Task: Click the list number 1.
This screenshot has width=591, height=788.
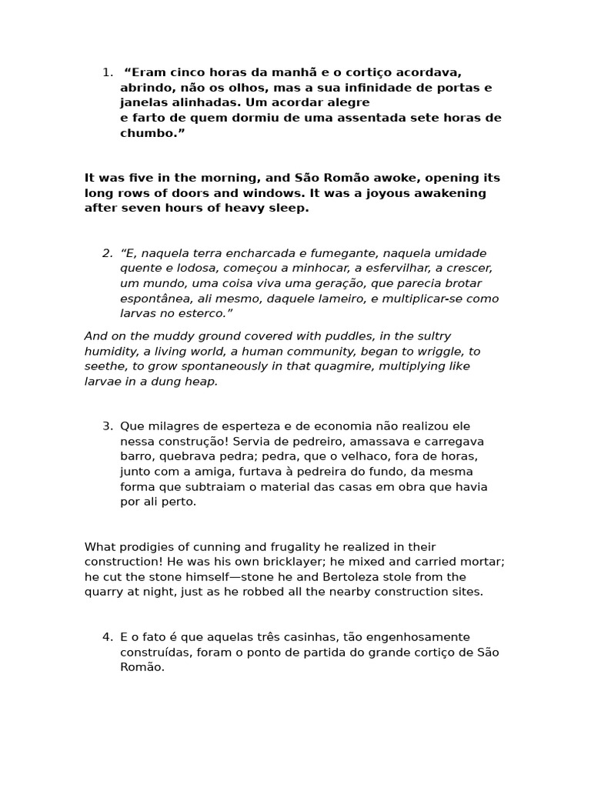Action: tap(106, 72)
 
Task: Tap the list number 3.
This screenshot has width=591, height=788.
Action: tap(107, 426)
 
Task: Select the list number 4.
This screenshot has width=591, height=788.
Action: tap(107, 637)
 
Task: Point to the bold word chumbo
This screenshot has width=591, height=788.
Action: tap(149, 132)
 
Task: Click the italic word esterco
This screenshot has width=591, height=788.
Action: tap(205, 313)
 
